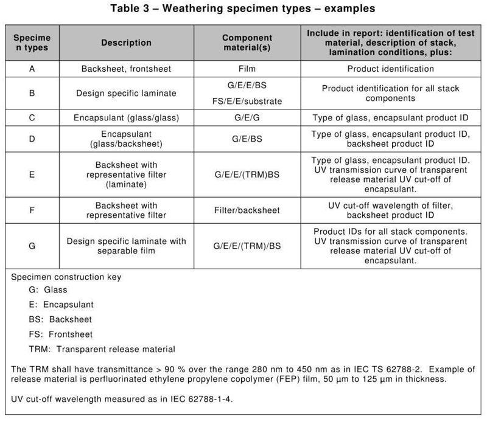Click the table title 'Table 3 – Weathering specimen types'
tap(243, 9)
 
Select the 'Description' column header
tap(126, 43)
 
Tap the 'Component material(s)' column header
tap(247, 43)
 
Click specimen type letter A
tap(31, 69)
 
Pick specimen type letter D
tap(31, 139)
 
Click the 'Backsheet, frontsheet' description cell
tap(126, 69)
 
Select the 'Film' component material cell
tap(247, 69)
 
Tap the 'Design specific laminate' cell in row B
tap(126, 94)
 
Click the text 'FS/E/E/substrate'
tap(247, 101)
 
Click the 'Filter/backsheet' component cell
tap(247, 210)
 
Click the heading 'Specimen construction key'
tap(66, 277)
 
